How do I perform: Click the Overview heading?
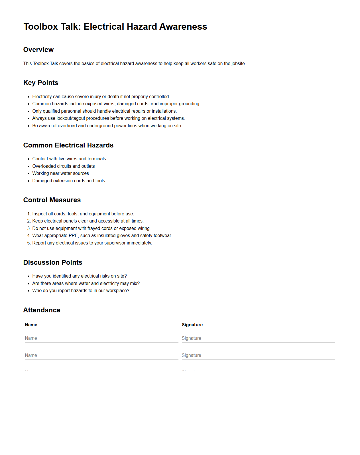click(x=38, y=50)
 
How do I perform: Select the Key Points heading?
click(x=41, y=83)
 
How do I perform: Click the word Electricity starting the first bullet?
click(x=42, y=97)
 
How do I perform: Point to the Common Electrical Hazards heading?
click(x=68, y=145)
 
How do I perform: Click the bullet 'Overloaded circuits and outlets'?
click(x=64, y=166)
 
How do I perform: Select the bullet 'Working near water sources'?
click(x=60, y=173)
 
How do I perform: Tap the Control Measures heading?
click(x=52, y=200)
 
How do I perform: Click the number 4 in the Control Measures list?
click(x=29, y=236)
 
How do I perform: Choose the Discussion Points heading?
click(x=53, y=262)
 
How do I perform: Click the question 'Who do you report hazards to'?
click(x=81, y=291)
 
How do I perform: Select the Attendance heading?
click(x=42, y=310)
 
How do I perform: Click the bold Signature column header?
click(x=192, y=325)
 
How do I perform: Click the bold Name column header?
click(x=31, y=325)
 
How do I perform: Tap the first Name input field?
click(x=101, y=338)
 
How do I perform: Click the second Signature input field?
click(x=258, y=355)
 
